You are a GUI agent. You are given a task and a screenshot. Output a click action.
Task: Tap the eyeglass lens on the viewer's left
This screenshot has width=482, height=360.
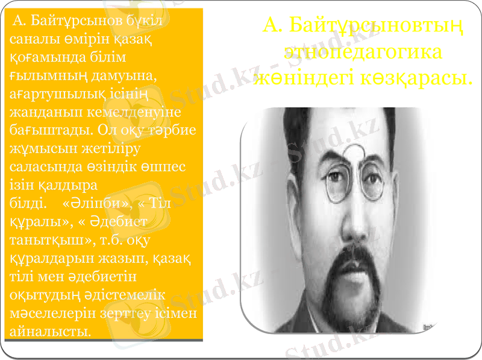(335, 185)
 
